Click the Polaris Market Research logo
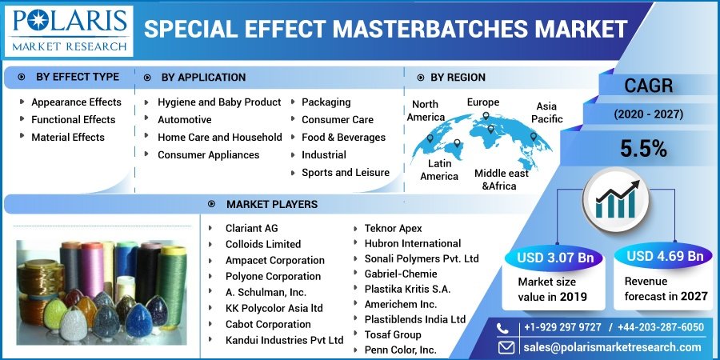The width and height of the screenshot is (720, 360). coord(69,30)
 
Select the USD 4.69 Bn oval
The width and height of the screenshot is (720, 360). coord(665,256)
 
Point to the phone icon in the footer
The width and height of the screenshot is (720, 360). coord(503,328)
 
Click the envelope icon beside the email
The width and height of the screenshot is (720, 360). coord(506,346)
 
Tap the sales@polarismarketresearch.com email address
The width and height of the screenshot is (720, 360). coord(612,347)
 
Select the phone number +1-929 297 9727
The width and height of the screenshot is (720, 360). coord(562,327)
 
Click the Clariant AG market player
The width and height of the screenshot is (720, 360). coord(252,228)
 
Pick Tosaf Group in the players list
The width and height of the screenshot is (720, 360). coord(393,334)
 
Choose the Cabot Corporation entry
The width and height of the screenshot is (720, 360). coord(268,324)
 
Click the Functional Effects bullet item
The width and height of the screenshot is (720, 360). coord(74,120)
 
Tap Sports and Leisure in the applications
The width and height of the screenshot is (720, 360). coord(346,173)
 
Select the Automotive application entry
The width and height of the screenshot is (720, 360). coord(185,120)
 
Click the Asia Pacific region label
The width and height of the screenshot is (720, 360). coord(546,113)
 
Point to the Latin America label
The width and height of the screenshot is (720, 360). coord(439,170)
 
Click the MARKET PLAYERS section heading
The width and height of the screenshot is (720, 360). coord(272,204)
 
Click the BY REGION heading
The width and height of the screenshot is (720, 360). coord(458,78)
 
